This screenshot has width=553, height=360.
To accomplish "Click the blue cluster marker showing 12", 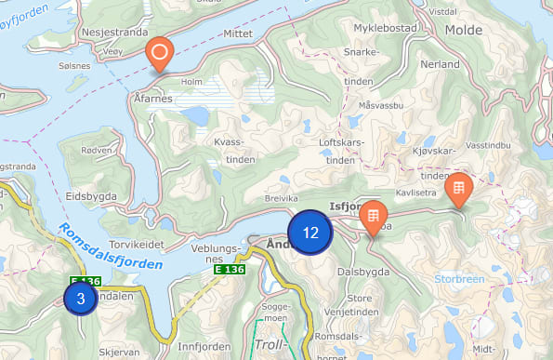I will pos(310,233).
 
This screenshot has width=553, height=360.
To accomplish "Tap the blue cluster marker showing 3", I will pos(81,299).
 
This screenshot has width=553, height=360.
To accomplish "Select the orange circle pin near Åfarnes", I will pos(159,54).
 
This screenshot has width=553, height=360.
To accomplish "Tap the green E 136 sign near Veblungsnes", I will pos(230,269).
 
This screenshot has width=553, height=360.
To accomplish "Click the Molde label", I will pos(464,30).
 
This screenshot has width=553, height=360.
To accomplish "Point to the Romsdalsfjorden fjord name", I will pos(109,247).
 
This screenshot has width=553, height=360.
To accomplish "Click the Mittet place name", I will pos(239,33).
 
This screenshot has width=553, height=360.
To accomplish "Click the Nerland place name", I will pos(440,65).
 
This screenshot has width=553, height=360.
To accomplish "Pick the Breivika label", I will pos(282,198).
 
